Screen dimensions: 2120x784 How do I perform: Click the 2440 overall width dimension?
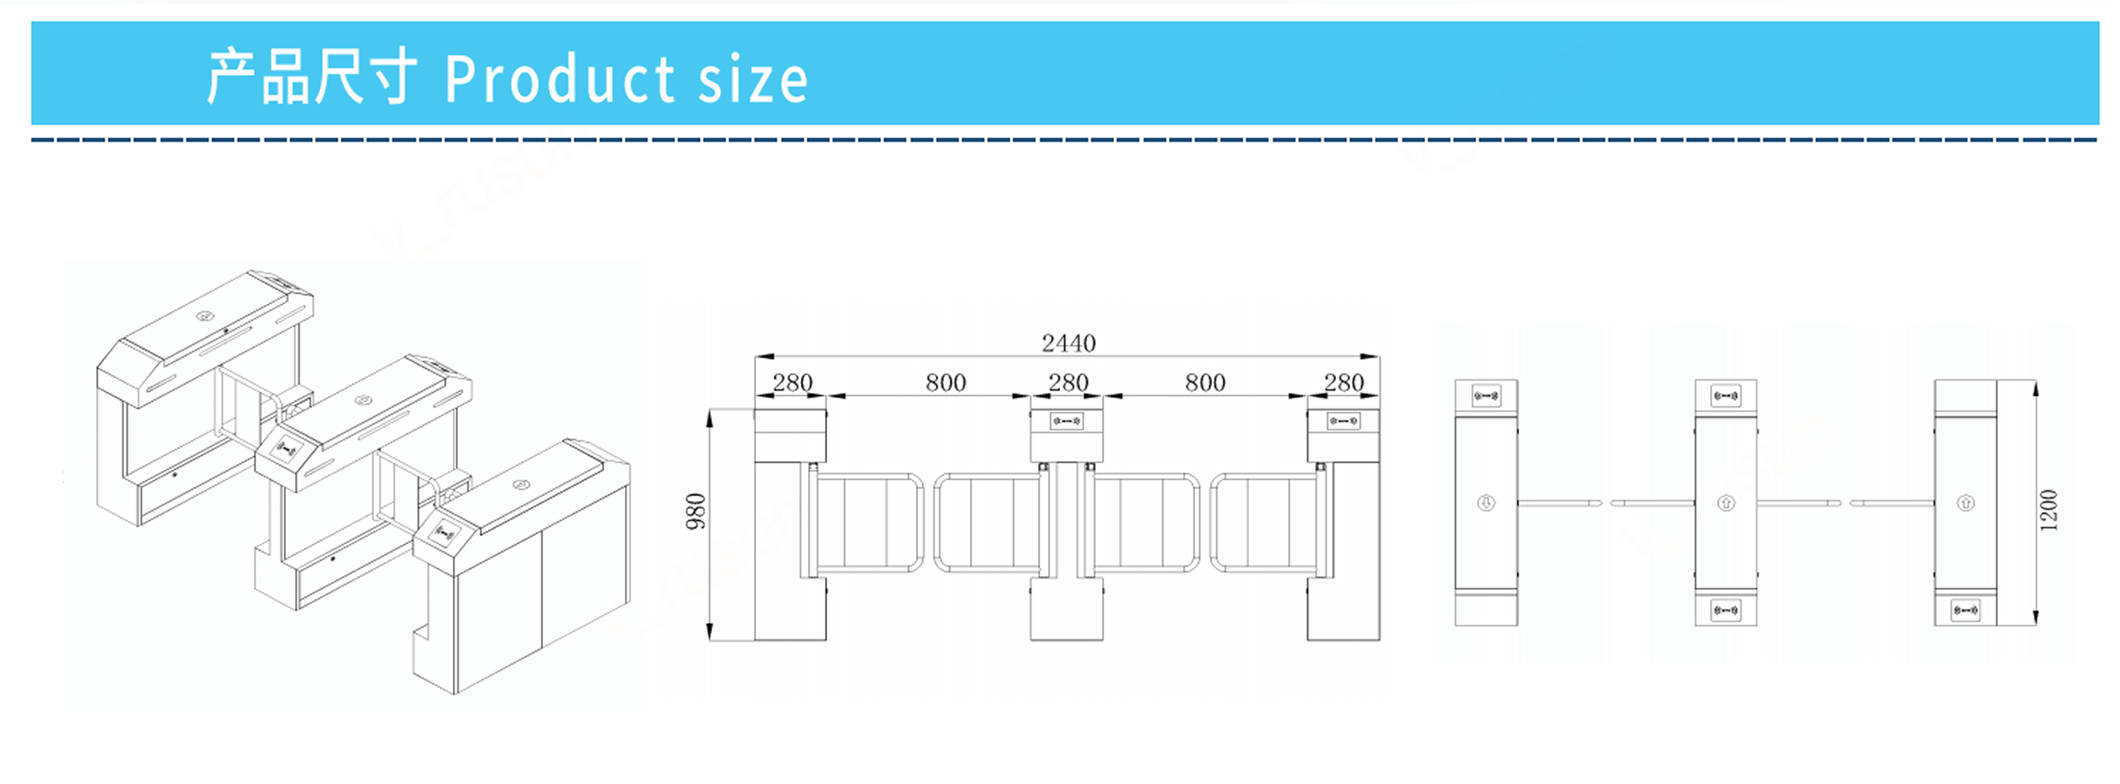(1068, 343)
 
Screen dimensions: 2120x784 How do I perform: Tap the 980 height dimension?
(696, 512)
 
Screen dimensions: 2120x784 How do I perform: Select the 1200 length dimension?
(2048, 510)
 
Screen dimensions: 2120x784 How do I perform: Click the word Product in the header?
(559, 79)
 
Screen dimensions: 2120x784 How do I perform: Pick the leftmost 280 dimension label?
(792, 382)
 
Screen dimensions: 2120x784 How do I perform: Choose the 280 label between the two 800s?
(1068, 382)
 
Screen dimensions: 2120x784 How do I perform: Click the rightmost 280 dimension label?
(1344, 382)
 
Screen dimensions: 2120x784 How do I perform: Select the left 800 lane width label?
(946, 382)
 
